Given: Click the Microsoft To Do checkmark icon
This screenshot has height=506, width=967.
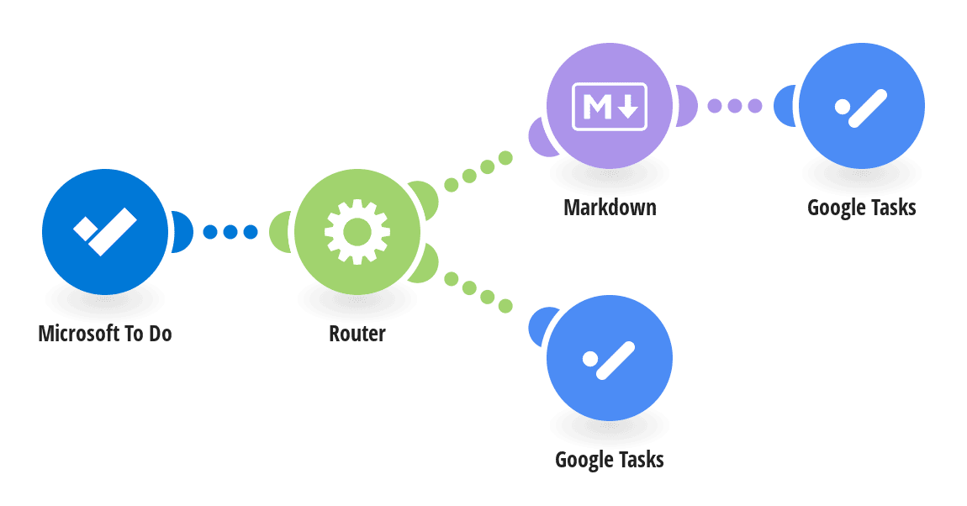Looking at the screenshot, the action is click(x=105, y=231).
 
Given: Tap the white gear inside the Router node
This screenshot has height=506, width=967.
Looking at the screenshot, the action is click(x=357, y=232).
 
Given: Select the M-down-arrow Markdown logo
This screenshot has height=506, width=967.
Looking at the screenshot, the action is click(x=610, y=107).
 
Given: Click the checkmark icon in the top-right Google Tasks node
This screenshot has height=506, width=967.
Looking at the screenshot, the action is click(x=861, y=108).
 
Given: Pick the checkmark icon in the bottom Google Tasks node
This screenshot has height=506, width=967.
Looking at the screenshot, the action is click(x=609, y=360).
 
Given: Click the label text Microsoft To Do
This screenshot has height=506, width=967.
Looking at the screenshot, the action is click(x=105, y=334).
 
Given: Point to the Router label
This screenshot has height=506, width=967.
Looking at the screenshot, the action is click(x=357, y=334).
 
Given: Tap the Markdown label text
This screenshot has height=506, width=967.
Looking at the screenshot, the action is click(x=610, y=207).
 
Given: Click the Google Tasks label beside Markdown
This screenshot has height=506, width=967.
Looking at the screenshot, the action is click(x=862, y=208).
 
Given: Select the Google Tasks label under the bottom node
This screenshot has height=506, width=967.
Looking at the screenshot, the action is click(x=610, y=460).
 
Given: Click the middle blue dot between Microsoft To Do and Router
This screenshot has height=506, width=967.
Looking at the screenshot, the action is click(x=230, y=232).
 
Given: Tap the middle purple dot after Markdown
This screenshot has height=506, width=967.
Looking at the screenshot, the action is click(x=735, y=106).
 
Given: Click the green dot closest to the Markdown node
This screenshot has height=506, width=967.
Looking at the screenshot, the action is click(x=505, y=158).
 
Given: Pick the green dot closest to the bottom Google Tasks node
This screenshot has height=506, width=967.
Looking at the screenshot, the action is click(x=505, y=305).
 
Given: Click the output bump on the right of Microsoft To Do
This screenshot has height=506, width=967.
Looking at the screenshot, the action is click(x=182, y=232).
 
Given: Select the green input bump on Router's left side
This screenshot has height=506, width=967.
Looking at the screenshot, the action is click(x=281, y=232).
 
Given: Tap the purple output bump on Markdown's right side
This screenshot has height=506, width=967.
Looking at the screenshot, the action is click(x=686, y=106).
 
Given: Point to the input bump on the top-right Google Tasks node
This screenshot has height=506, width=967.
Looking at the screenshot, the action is click(x=785, y=106).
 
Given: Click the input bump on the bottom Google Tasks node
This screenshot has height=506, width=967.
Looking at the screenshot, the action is click(x=541, y=327).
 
